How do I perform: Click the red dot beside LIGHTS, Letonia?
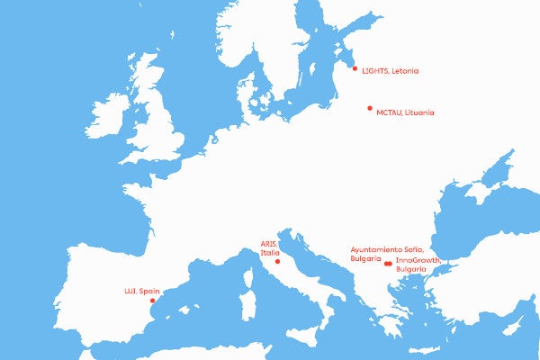tap(355, 68)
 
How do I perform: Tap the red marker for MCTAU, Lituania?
tap(369, 108)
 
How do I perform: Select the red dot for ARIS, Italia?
tap(278, 262)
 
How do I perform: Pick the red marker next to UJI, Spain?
tap(151, 301)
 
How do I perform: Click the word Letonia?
tap(405, 70)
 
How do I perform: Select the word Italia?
tap(270, 253)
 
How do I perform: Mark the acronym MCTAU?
tap(390, 112)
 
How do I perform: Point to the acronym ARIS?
tap(268, 244)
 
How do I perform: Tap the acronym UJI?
tap(129, 292)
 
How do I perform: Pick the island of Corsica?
tap(247, 269)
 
